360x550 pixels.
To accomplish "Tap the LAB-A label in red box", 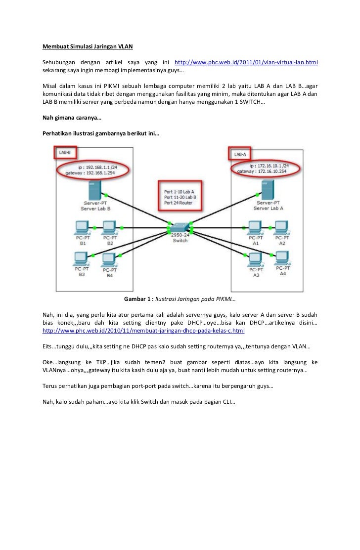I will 240,154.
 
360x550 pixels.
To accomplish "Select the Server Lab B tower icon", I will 94,190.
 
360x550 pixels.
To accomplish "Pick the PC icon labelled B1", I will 82,228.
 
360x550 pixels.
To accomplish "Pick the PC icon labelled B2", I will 110,228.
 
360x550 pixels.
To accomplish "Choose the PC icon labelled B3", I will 81,258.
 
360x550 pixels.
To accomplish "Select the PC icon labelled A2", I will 282,228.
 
